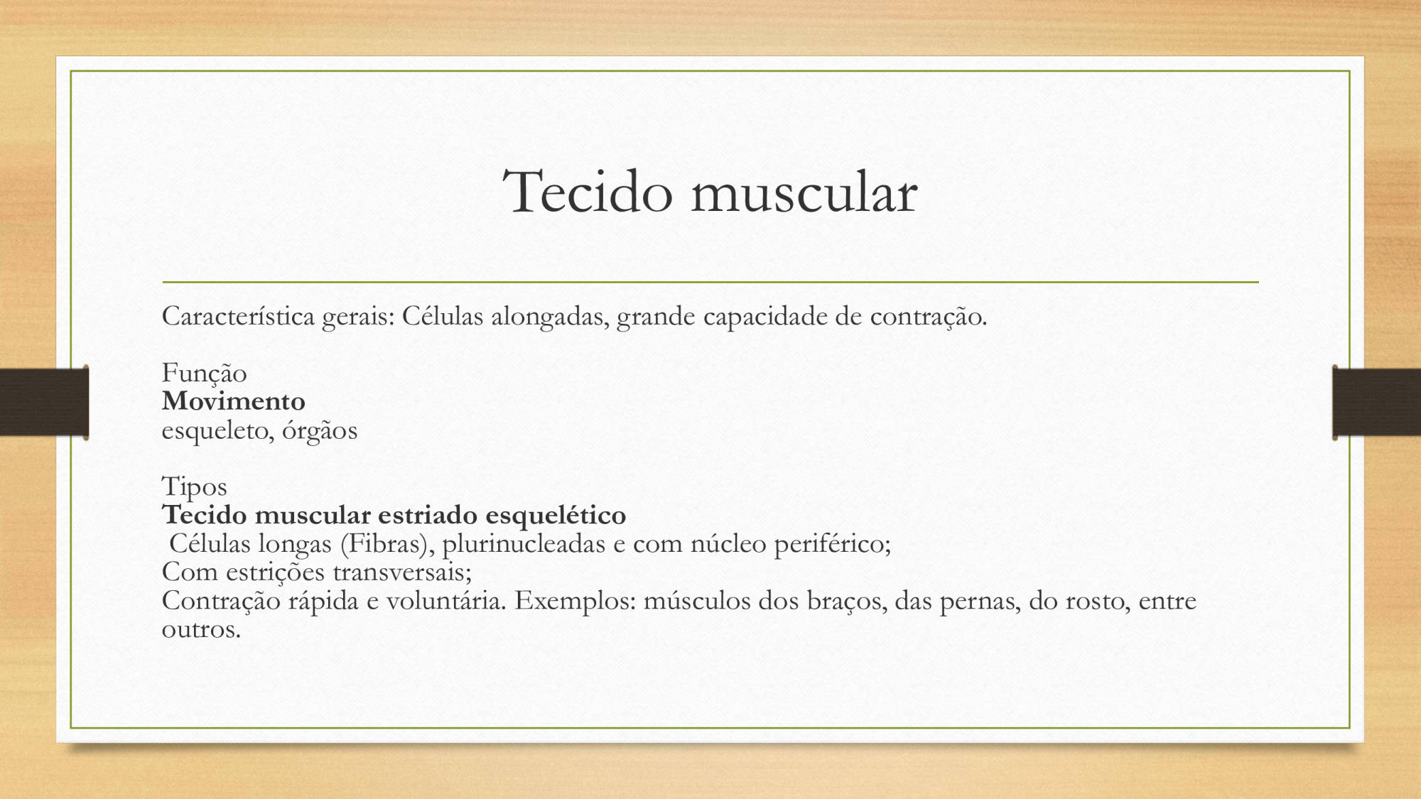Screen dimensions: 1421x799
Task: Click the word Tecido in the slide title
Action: click(588, 192)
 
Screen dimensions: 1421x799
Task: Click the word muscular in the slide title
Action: click(804, 192)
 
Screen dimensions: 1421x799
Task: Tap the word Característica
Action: click(238, 316)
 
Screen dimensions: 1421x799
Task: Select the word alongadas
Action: click(551, 317)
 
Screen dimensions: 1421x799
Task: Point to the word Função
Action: click(205, 374)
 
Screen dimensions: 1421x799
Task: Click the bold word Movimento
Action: click(234, 401)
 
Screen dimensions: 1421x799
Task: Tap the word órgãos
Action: click(320, 430)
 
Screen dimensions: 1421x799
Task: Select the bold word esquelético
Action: click(556, 516)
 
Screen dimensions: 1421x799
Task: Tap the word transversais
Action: click(402, 572)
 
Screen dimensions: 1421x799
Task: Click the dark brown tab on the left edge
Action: click(44, 402)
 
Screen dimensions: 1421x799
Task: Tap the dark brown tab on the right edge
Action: click(1376, 402)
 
